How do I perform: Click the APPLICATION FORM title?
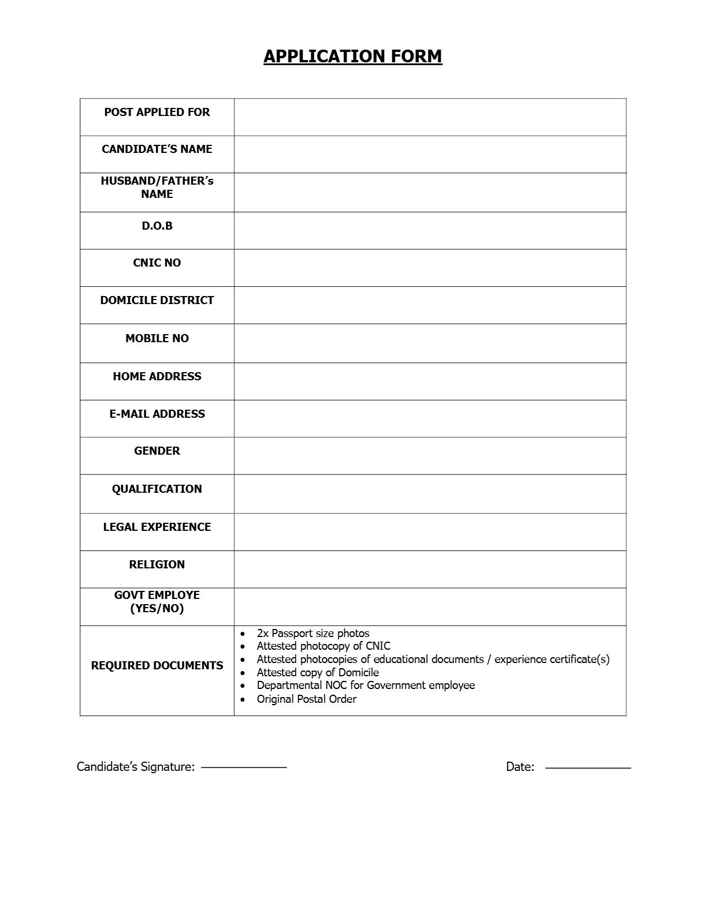352,57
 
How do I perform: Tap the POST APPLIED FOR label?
157,113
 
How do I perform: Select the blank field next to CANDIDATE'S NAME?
430,154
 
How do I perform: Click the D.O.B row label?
157,226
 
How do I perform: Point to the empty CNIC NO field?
430,268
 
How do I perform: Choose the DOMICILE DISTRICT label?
157,301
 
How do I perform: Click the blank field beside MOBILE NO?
430,343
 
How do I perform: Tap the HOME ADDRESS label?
157,377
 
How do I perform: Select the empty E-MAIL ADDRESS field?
430,418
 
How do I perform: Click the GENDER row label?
157,451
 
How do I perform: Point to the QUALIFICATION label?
157,489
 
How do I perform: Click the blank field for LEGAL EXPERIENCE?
430,532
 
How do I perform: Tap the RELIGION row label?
157,565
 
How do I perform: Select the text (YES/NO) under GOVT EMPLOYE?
157,609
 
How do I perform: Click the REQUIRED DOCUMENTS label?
157,666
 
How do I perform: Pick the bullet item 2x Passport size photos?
312,634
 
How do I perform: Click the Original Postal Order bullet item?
306,699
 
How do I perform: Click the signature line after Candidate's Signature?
243,767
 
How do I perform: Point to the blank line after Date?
587,767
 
